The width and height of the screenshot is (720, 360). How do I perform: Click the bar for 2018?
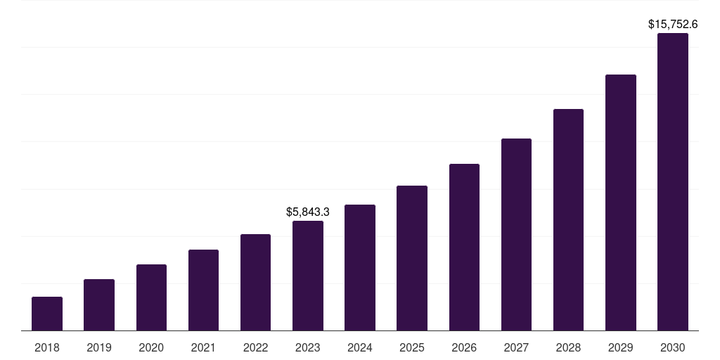click(47, 314)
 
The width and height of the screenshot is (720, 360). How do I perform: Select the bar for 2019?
click(99, 305)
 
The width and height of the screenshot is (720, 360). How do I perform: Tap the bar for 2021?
click(203, 290)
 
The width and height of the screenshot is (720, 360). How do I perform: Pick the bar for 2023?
click(308, 276)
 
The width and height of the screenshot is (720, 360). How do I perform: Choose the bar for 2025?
click(412, 258)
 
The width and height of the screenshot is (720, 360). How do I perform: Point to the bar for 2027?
click(516, 234)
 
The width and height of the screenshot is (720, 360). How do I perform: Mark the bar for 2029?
click(620, 202)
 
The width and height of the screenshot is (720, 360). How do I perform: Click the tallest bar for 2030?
click(673, 181)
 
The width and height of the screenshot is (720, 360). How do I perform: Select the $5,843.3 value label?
click(308, 212)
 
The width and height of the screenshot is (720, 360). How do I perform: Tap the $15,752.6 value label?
click(673, 24)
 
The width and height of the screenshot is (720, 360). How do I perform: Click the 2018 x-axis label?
click(47, 347)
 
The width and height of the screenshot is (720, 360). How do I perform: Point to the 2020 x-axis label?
click(151, 347)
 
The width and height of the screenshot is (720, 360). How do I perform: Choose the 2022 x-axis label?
click(255, 347)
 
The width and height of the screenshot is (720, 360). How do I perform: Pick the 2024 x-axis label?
click(360, 347)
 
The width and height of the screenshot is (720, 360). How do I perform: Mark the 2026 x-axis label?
click(464, 347)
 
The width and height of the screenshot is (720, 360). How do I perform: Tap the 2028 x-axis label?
click(568, 347)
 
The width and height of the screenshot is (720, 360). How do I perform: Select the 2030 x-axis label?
click(673, 347)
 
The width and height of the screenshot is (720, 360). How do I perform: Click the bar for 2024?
click(360, 267)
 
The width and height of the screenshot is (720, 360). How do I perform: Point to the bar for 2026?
click(464, 247)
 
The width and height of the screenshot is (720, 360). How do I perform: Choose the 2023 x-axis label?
click(308, 347)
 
